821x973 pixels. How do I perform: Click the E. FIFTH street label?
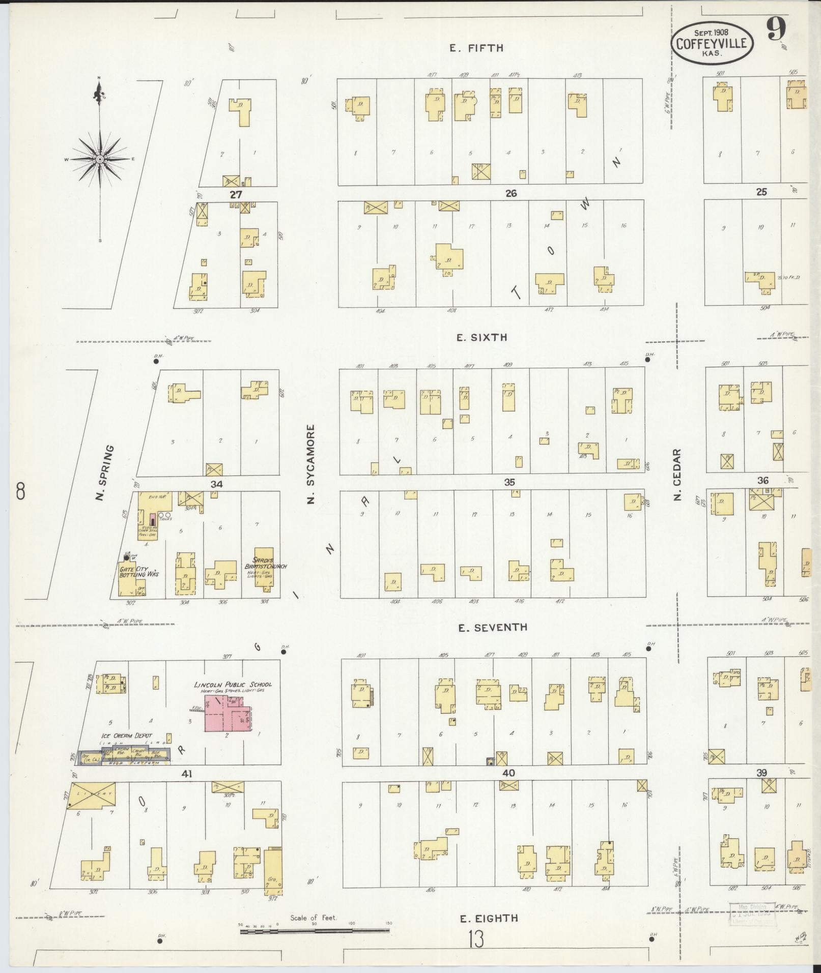click(476, 48)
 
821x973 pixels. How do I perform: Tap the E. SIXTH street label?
click(482, 337)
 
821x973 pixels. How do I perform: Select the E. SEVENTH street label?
click(492, 628)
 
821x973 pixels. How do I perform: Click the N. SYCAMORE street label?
click(311, 464)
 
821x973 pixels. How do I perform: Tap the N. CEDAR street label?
click(677, 474)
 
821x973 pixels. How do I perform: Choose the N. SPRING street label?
click(104, 473)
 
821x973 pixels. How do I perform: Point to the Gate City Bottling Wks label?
click(138, 571)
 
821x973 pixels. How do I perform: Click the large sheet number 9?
click(776, 29)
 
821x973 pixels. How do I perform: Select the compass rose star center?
click(100, 159)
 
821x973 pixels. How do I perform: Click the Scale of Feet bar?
click(315, 930)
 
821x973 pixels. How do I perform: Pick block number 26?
click(511, 193)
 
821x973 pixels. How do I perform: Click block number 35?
click(509, 482)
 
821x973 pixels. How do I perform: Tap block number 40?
click(508, 773)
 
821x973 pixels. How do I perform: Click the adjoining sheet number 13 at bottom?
click(477, 940)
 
